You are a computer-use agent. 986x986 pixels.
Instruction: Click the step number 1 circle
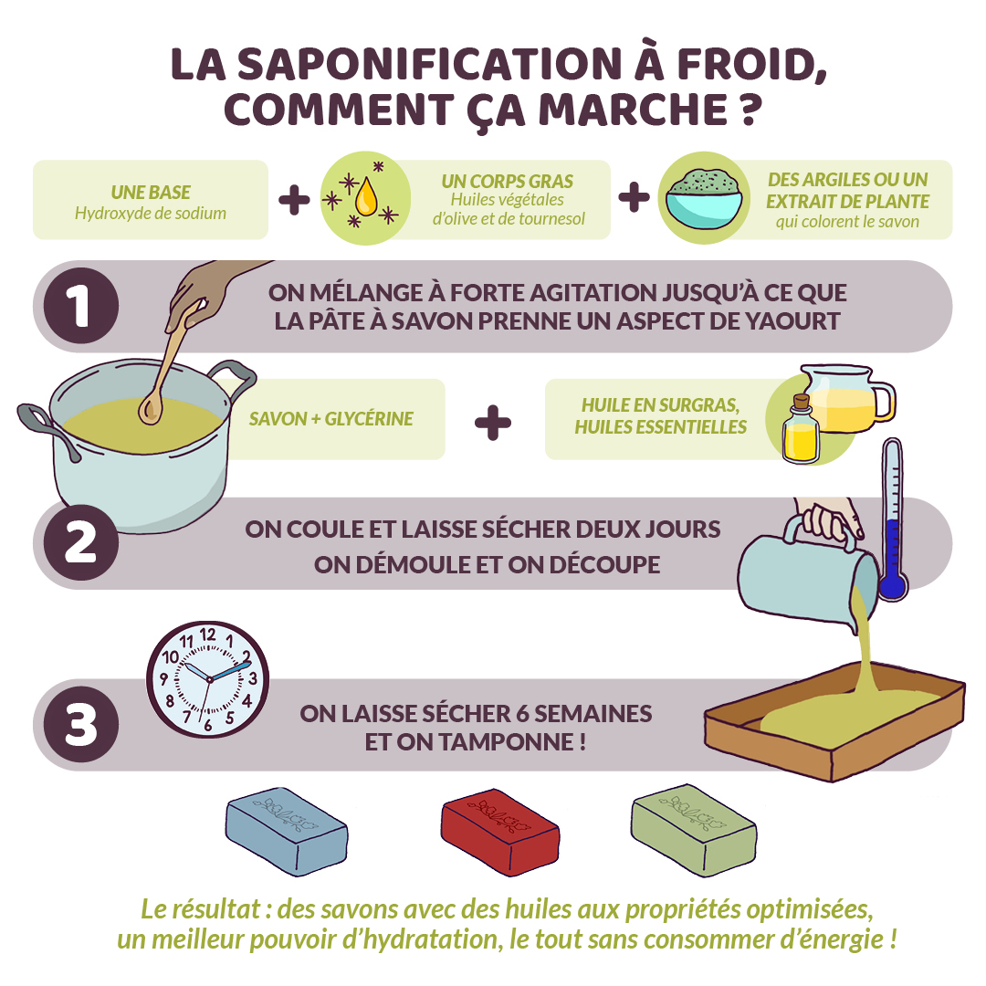coord(80,306)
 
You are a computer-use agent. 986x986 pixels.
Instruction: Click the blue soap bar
coord(286,832)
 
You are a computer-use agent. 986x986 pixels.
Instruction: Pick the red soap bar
coord(499,832)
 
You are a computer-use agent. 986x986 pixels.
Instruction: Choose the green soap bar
coord(694,832)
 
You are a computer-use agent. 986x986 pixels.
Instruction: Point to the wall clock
coord(209,678)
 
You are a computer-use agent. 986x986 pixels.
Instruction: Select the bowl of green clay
coord(704,198)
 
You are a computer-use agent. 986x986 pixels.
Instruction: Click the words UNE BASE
coord(151,193)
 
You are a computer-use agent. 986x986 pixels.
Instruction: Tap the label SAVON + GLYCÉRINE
coord(330,419)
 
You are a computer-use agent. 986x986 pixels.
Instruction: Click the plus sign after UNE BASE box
coord(294,200)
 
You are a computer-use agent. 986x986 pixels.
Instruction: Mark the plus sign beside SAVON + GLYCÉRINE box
coord(493,422)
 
